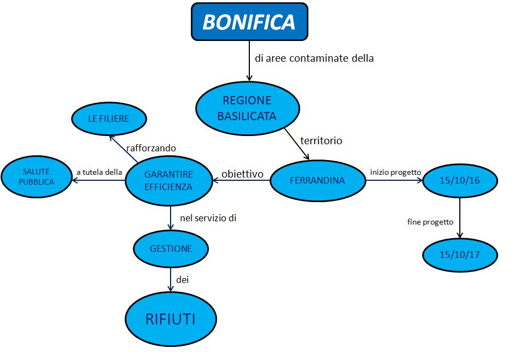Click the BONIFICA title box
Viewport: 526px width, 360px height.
(249, 22)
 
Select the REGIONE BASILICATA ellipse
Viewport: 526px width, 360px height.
(248, 108)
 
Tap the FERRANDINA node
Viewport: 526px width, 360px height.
(318, 180)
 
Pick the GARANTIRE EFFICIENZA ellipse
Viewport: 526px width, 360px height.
(169, 181)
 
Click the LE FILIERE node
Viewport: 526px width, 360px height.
(109, 119)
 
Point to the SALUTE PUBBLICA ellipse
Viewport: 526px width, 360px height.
(37, 176)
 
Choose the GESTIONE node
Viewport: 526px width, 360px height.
(171, 249)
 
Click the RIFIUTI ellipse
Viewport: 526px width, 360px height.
(171, 319)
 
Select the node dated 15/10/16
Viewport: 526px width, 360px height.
(460, 180)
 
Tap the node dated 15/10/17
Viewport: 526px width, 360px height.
(460, 255)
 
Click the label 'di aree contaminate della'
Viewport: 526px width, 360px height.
(314, 58)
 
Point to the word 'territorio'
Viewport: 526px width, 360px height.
(321, 140)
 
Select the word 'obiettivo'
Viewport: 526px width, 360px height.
(242, 174)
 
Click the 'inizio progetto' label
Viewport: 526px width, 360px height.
(395, 172)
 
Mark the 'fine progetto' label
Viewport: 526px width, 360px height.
(430, 222)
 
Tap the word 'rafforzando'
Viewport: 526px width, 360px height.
(151, 148)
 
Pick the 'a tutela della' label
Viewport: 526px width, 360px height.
(100, 172)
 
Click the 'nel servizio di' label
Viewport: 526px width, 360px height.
(208, 218)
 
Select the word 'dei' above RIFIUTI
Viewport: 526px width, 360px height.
(183, 280)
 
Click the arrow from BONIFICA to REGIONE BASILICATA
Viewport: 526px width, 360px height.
(249, 61)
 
